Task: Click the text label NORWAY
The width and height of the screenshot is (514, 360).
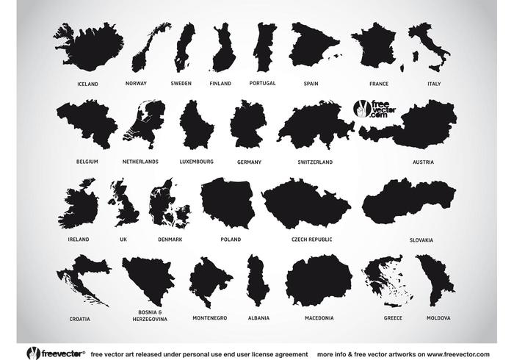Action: [136, 84]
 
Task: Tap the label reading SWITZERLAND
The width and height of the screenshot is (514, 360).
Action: [315, 162]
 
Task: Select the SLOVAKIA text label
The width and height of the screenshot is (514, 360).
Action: [421, 240]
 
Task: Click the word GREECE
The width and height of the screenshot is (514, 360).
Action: [393, 318]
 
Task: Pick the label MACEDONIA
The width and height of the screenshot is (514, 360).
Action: [319, 318]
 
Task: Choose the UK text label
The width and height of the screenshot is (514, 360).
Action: [123, 240]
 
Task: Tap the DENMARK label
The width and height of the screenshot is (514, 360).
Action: [170, 240]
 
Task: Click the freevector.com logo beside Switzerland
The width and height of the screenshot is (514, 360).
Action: [372, 109]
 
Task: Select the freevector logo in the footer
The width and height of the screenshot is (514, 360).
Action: [56, 353]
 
